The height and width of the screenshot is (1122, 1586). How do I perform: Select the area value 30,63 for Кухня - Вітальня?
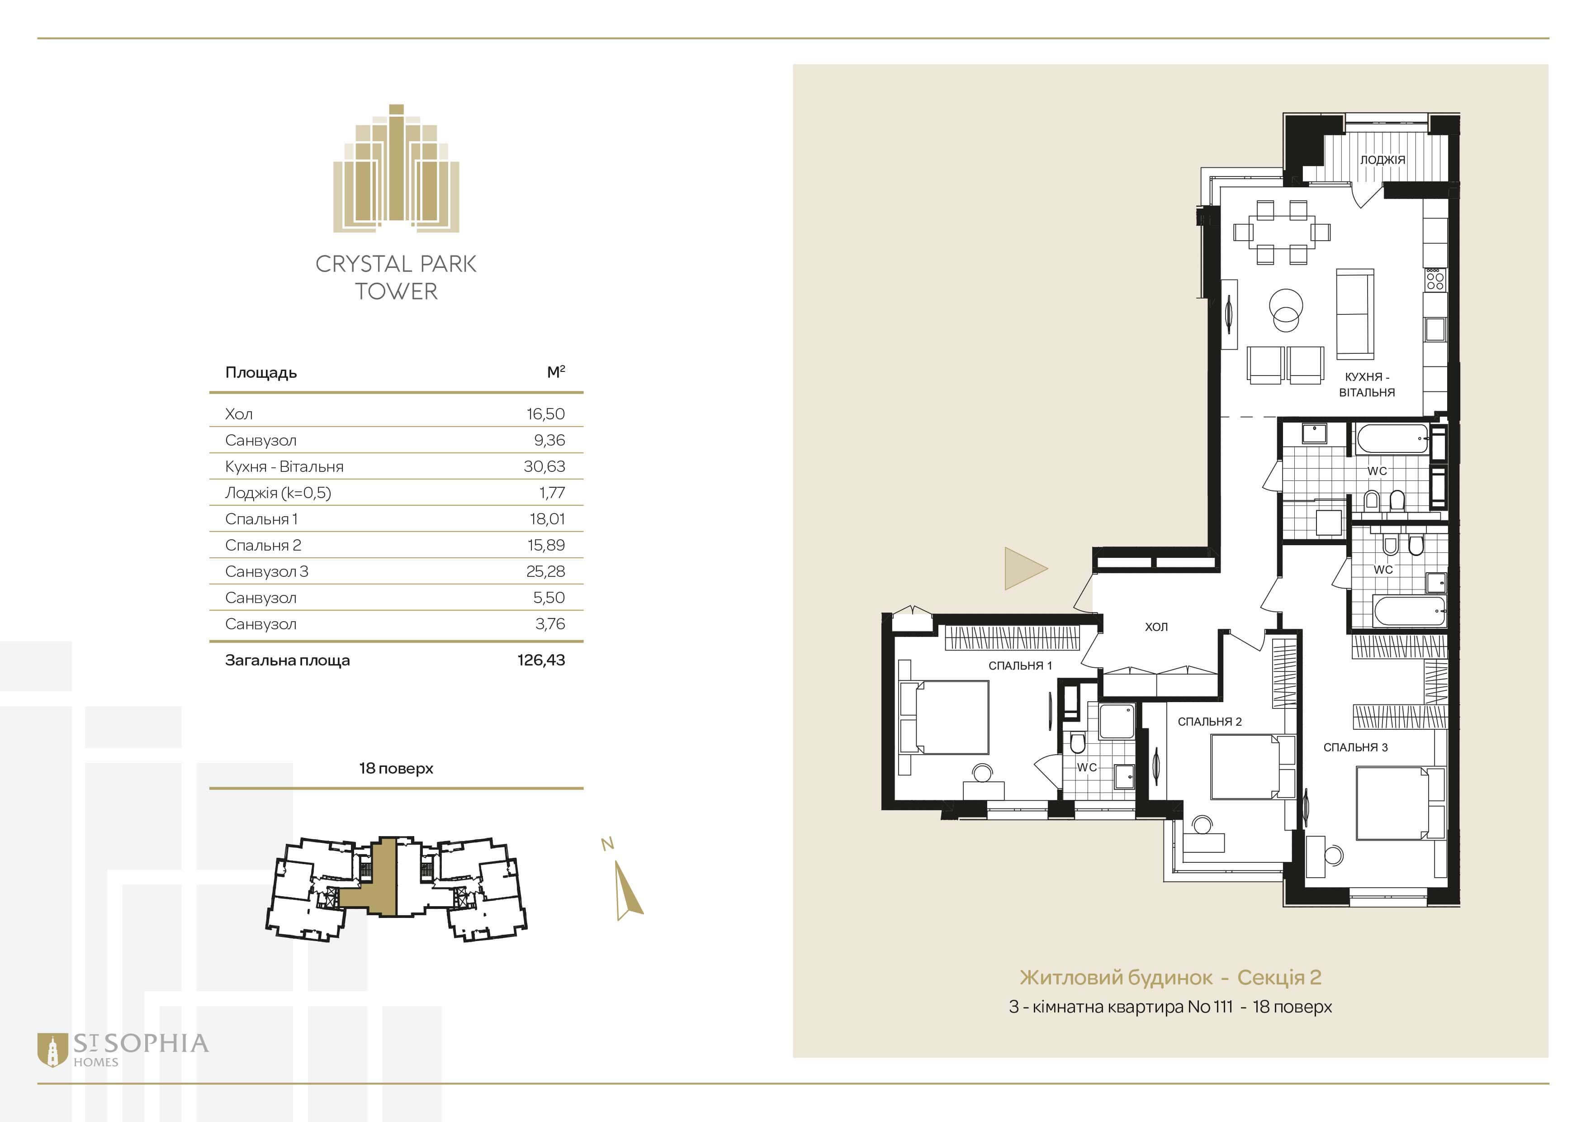click(544, 466)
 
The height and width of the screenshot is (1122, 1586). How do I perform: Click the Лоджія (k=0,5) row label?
click(278, 493)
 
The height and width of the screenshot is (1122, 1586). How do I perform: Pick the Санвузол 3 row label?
click(267, 571)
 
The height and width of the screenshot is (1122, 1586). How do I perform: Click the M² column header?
click(556, 372)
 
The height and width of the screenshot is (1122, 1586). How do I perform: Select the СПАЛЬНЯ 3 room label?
click(1355, 747)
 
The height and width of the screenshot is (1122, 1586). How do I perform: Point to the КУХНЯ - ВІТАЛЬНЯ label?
click(1367, 384)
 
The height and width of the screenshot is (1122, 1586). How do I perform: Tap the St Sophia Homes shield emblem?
click(52, 1050)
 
